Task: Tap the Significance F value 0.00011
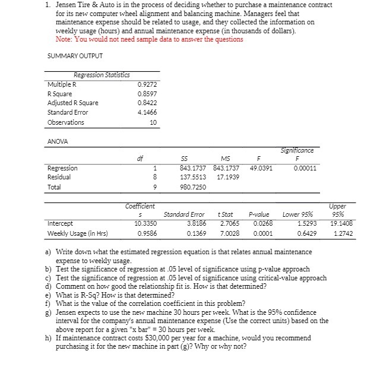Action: pyautogui.click(x=305, y=168)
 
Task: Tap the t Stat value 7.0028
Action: pyautogui.click(x=228, y=233)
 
